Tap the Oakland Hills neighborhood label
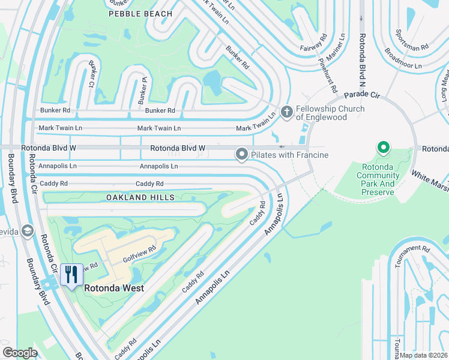pos(140,197)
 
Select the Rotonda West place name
pos(114,288)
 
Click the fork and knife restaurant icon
pos(71,274)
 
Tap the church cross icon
pos(287,112)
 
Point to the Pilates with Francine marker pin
pos(242,155)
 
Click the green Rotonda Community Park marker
pos(382,148)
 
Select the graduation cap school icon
pos(27,231)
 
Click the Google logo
pos(20,353)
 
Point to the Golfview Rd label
pos(139,253)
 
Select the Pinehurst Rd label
pos(328,74)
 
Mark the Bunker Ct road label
pos(93,77)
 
